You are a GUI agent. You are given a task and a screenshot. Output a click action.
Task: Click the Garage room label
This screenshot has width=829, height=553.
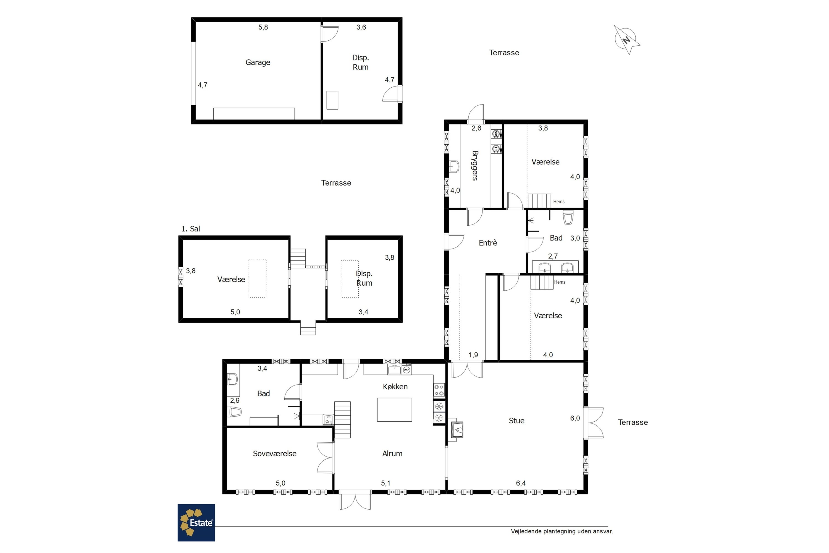[258, 62]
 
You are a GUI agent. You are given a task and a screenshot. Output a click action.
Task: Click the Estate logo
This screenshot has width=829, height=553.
[196, 523]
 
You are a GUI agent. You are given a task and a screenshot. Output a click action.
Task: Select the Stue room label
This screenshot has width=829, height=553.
[516, 421]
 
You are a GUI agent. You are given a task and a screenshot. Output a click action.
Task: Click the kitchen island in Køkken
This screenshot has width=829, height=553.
[394, 409]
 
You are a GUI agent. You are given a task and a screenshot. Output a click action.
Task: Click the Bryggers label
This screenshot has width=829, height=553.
[475, 165]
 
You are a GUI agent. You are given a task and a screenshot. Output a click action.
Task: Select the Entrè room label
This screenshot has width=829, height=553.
[488, 243]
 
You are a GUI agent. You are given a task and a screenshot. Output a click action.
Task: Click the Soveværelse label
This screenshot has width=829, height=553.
[275, 453]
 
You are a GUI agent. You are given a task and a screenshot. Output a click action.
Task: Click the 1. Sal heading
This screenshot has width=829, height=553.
[190, 229]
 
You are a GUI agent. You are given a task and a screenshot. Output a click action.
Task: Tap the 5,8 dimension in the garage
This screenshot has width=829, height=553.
[263, 27]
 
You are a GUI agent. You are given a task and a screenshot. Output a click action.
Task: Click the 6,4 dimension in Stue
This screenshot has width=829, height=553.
[521, 483]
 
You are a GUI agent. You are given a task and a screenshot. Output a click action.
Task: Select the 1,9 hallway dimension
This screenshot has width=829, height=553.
[473, 355]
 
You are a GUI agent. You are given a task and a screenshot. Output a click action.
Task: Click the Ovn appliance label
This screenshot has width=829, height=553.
[329, 421]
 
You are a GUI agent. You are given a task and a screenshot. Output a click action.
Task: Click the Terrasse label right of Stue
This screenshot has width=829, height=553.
[633, 422]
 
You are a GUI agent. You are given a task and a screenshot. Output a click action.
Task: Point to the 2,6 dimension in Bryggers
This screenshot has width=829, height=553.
[476, 128]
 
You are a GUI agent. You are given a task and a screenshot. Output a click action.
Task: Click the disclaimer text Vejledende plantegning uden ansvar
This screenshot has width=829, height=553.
[562, 531]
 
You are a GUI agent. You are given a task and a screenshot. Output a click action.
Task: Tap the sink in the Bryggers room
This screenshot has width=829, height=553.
[454, 166]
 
